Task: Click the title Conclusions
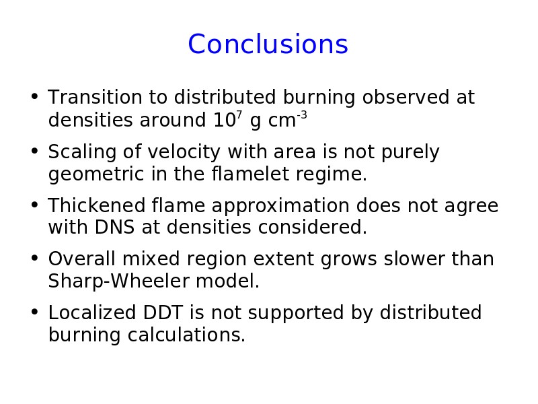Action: click(268, 44)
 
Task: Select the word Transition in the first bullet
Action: click(95, 97)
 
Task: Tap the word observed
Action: click(406, 97)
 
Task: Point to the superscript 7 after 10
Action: click(239, 114)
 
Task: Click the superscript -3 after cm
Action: click(302, 114)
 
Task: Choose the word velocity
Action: click(184, 153)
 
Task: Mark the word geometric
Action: click(96, 174)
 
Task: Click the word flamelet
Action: click(250, 174)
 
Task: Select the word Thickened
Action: click(97, 205)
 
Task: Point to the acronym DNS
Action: click(114, 228)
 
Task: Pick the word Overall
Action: click(81, 259)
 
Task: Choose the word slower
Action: click(414, 259)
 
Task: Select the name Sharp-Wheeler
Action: click(119, 281)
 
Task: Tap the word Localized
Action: click(92, 313)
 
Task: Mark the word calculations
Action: click(187, 335)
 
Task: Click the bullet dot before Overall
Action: click(34, 257)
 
